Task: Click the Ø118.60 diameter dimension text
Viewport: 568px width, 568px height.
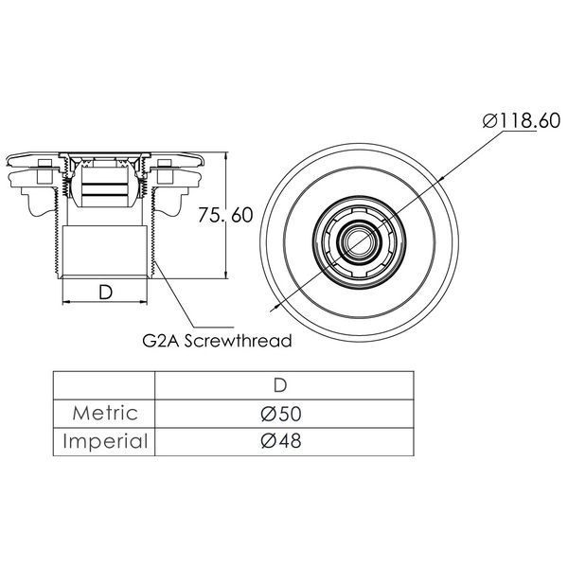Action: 522,120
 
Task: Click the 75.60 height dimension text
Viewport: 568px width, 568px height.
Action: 225,215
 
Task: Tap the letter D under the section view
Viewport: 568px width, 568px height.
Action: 105,292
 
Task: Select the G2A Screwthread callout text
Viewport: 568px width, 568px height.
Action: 217,341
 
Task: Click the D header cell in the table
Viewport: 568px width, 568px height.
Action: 280,385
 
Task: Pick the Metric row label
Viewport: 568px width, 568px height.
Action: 105,414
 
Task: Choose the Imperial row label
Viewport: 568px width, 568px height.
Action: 105,441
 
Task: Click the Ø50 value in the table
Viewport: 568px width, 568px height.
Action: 281,414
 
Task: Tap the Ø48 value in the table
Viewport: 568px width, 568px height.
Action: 281,441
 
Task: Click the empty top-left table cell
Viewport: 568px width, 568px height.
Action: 104,385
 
